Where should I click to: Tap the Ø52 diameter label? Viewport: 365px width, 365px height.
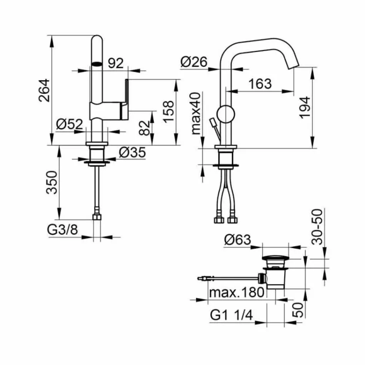(x=69, y=124)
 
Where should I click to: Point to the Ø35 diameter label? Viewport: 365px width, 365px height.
(x=132, y=153)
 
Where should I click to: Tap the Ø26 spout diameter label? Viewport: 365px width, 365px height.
(x=193, y=62)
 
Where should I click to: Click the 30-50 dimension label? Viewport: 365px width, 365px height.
(x=317, y=227)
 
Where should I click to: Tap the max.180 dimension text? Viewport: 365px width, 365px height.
(x=237, y=292)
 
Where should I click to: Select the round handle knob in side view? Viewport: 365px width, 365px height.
(x=226, y=114)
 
